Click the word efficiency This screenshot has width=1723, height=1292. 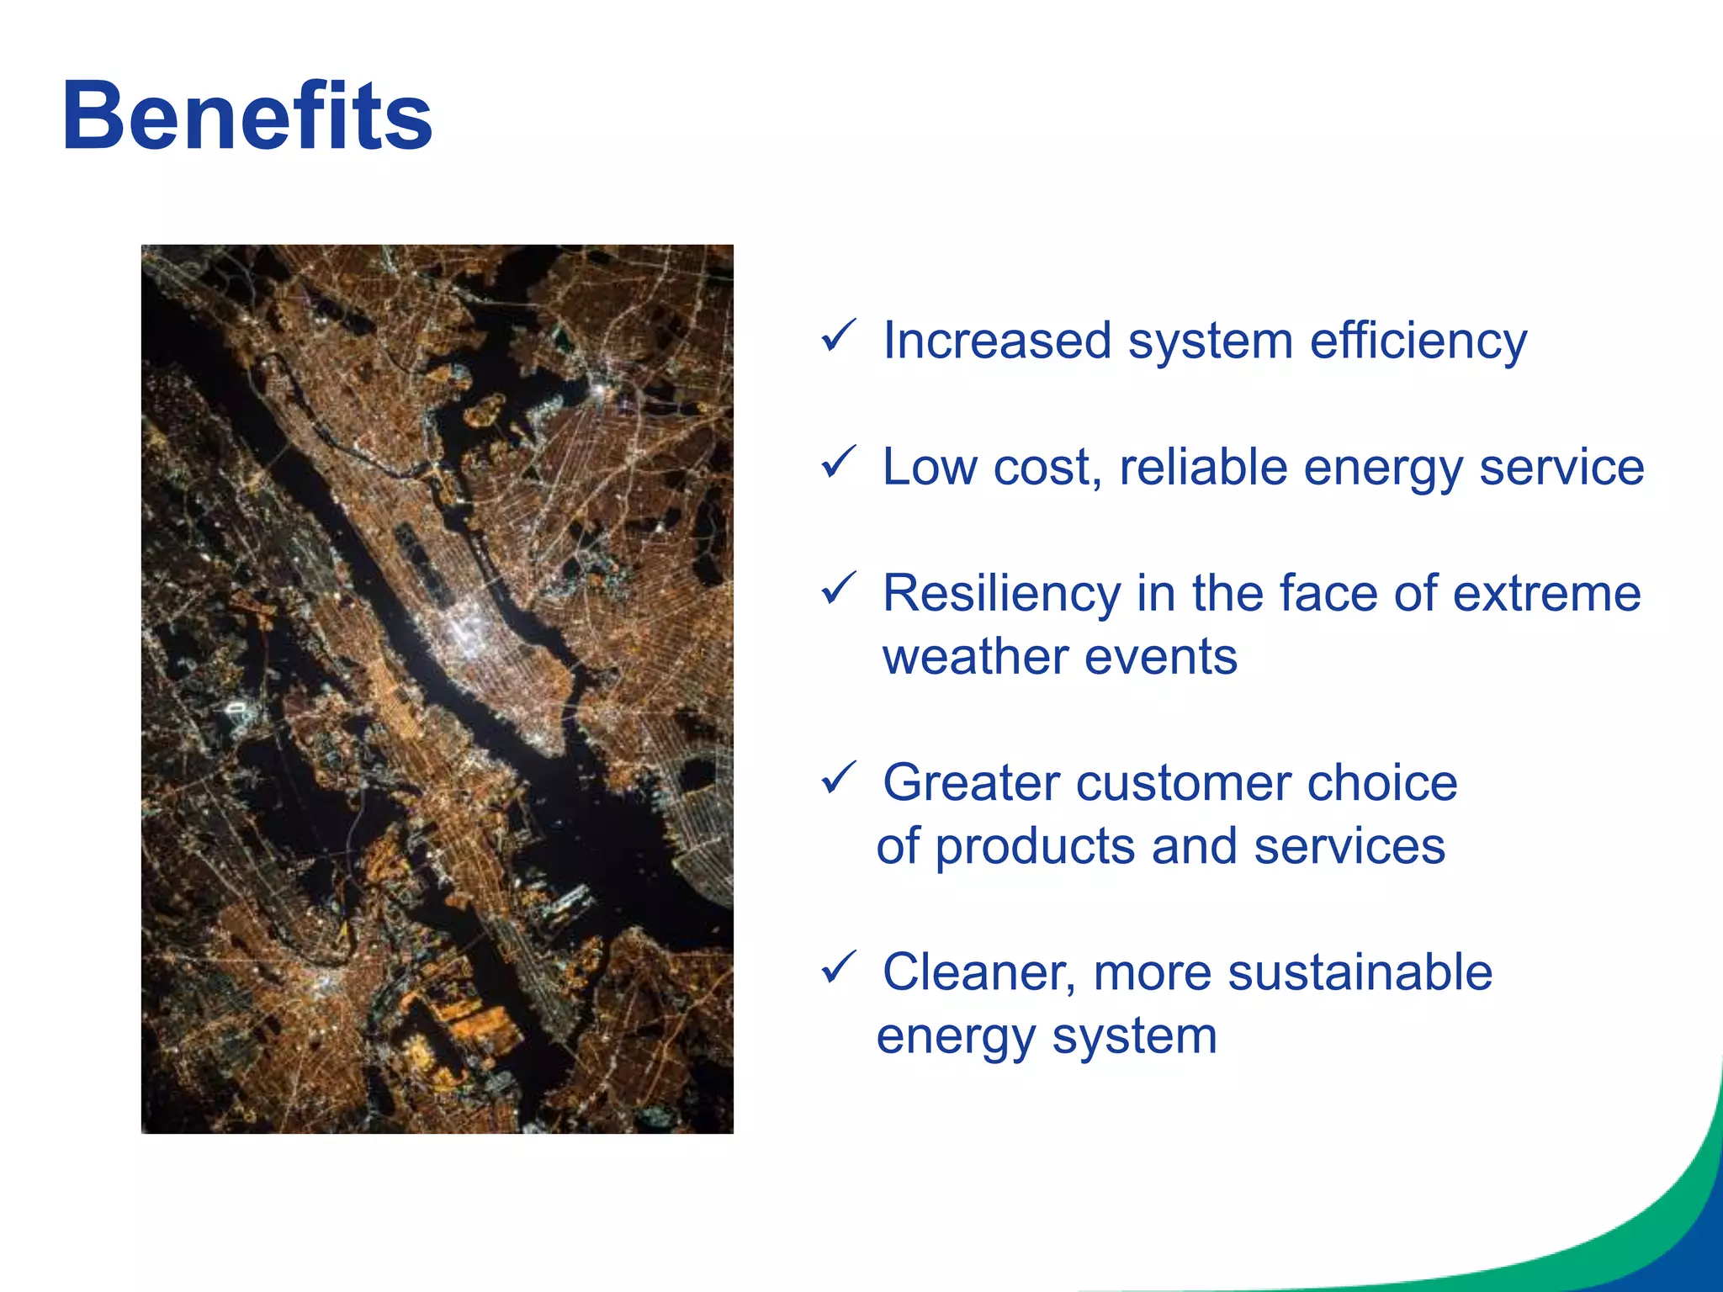[1418, 342]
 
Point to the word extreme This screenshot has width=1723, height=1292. [1546, 594]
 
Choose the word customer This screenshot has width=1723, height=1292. [1183, 783]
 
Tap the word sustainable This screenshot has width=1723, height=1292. [1360, 972]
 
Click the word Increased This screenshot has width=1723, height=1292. [997, 342]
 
